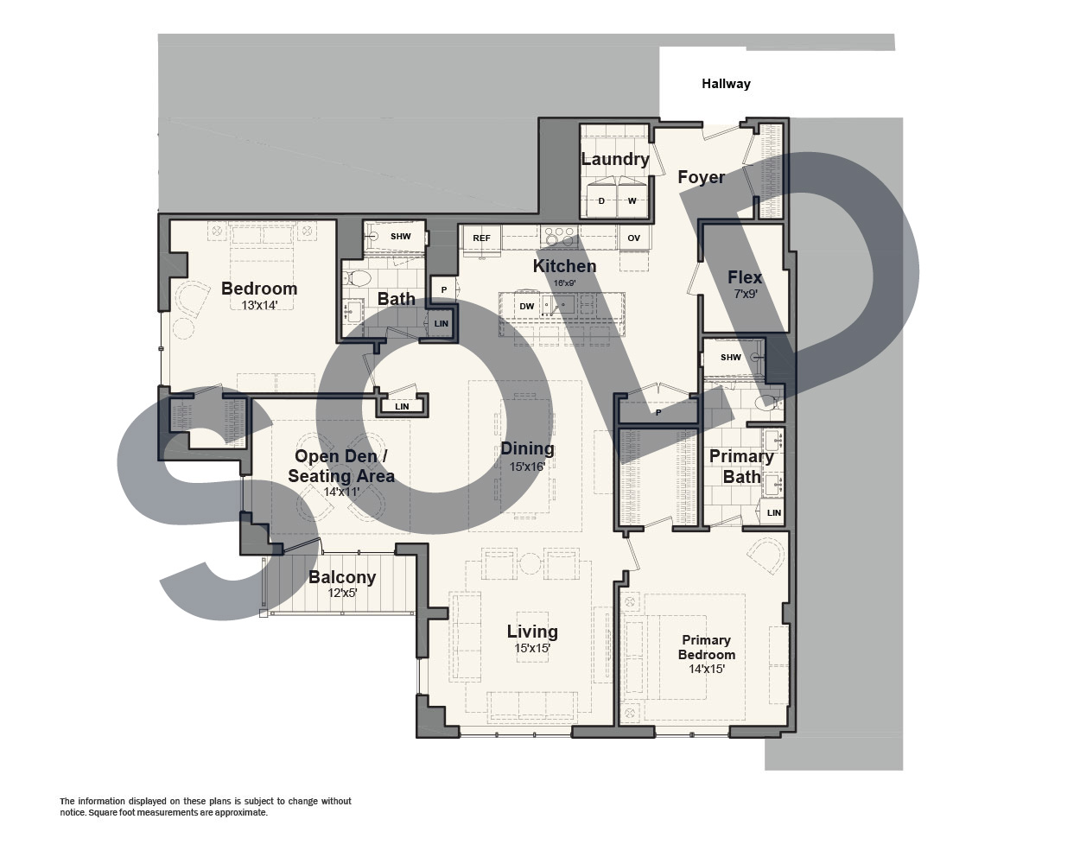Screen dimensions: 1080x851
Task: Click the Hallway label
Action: (x=726, y=84)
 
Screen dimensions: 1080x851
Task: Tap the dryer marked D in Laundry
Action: (x=601, y=200)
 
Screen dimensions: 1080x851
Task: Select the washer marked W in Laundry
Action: (x=632, y=200)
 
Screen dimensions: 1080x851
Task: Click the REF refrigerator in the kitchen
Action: (x=481, y=238)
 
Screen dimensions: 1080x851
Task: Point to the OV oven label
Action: (x=634, y=238)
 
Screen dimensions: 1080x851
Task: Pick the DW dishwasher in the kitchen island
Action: (x=526, y=306)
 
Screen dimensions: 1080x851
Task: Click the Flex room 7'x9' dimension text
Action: (x=746, y=294)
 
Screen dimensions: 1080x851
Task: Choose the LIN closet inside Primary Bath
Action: (x=774, y=513)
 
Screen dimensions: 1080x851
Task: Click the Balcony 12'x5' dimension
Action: (x=342, y=593)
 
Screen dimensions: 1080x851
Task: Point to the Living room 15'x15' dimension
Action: (x=532, y=648)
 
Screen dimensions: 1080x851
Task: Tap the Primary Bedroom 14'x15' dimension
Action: (x=707, y=669)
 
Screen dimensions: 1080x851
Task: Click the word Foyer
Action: (x=701, y=177)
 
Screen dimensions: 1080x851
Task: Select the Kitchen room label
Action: (x=564, y=266)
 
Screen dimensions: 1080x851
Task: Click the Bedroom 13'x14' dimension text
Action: (x=259, y=305)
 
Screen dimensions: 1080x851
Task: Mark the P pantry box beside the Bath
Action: (x=444, y=290)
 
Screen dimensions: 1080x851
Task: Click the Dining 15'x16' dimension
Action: (x=527, y=467)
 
